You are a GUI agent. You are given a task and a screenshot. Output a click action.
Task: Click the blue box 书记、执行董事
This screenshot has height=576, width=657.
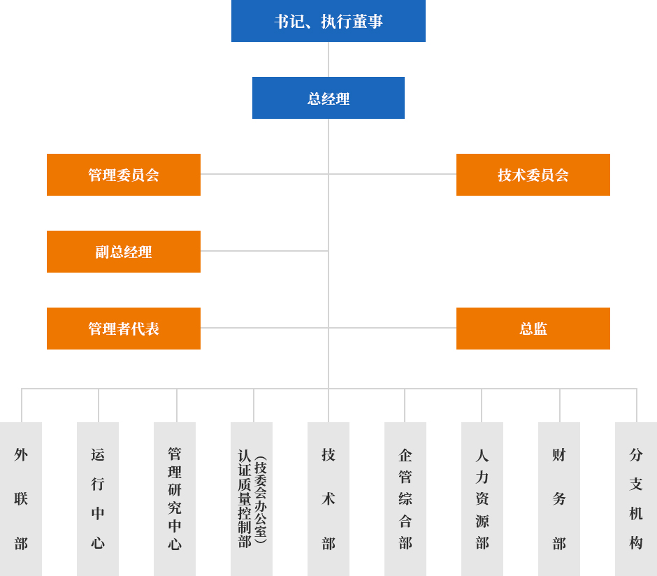pos(328,21)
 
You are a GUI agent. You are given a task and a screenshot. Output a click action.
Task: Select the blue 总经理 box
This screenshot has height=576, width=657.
pos(328,98)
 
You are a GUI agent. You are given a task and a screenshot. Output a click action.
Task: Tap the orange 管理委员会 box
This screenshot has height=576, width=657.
pos(124,175)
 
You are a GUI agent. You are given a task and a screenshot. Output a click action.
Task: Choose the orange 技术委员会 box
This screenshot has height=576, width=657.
pos(533,175)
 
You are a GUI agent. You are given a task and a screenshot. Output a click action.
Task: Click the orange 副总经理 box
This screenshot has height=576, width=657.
pos(124,252)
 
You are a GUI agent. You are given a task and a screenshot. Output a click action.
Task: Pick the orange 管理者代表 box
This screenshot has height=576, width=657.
pos(124,329)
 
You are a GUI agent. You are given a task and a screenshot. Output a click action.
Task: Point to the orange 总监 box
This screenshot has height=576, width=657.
pos(533,329)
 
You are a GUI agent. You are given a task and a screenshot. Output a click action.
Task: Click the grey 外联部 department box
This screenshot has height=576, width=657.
pos(21,498)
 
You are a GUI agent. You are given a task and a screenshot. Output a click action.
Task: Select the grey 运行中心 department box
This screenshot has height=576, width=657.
pos(98,498)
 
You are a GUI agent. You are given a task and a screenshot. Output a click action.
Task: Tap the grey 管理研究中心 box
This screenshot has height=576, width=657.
pos(175,498)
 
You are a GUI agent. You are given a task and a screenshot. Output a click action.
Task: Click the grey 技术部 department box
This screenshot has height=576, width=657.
pos(328,498)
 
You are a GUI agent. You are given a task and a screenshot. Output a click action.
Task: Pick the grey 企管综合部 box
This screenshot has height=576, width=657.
pos(405,498)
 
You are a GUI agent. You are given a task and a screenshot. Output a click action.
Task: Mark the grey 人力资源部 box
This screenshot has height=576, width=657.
pos(482,498)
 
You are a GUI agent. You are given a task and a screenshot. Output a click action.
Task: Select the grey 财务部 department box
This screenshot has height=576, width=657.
pos(559,498)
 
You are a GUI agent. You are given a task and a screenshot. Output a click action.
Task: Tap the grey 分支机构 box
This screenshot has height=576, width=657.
pos(636,498)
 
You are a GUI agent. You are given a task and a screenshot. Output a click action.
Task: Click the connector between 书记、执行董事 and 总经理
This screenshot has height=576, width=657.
pos(328,59)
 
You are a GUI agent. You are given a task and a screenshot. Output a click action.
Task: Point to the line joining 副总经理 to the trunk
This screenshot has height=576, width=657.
pos(264,251)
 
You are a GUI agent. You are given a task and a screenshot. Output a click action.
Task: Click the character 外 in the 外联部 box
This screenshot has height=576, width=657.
pos(21,455)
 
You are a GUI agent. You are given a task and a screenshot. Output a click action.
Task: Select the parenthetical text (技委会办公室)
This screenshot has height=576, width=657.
pos(260,500)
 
